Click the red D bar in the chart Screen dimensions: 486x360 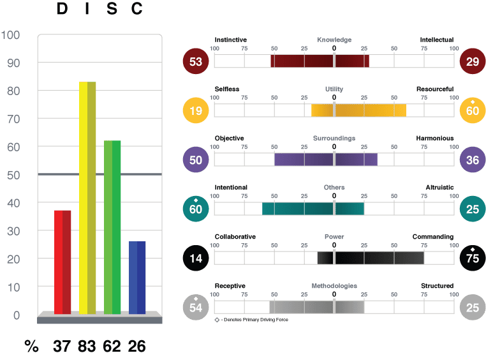tap(63, 262)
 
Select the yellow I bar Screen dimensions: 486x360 tap(87, 198)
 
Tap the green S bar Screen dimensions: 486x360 tap(112, 227)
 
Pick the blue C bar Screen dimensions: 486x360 tap(137, 278)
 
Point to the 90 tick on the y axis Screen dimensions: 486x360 tap(13, 63)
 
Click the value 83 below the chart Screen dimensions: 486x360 tap(87, 346)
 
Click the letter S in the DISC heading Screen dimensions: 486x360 tap(112, 8)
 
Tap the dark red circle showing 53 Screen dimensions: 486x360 tap(196, 61)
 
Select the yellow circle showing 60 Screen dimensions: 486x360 tap(473, 110)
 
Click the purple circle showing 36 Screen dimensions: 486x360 tap(473, 160)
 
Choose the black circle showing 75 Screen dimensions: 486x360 tap(473, 258)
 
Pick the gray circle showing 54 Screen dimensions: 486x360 tap(196, 307)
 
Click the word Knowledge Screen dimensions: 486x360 tap(334, 40)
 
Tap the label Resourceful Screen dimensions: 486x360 tap(435, 89)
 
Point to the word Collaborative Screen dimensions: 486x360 tap(235, 237)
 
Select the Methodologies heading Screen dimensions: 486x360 tap(334, 286)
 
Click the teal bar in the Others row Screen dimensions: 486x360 tap(313, 209)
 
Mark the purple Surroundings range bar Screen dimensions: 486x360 tap(326, 160)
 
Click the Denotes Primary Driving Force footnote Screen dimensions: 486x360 tap(251, 320)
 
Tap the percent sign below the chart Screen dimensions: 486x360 tap(31, 346)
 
